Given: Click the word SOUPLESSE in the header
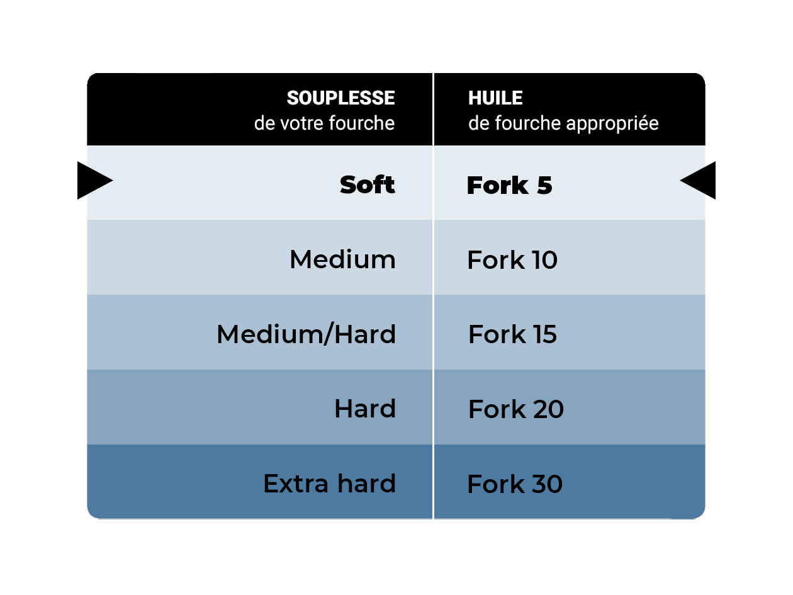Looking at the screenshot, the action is tap(340, 98).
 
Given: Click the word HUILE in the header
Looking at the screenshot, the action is tap(495, 98).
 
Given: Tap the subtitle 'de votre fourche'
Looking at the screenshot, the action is tap(324, 123).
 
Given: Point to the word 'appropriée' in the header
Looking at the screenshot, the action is tap(612, 124).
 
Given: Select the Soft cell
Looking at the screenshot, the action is tap(259, 183).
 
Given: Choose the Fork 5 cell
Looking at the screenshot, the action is tap(570, 183).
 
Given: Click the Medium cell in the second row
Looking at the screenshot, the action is tap(259, 258).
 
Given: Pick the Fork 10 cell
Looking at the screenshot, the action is tap(570, 258).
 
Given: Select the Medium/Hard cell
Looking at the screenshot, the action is tap(259, 332).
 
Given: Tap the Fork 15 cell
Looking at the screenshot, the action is tap(570, 332).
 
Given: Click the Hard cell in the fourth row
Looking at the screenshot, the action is tap(259, 407).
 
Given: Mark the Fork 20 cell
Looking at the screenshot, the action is tap(570, 407).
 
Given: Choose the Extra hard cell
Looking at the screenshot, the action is tap(259, 482).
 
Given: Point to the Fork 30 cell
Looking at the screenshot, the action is tap(570, 482).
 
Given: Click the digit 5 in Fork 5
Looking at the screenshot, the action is tap(544, 185).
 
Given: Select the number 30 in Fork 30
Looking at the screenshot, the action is tap(547, 484).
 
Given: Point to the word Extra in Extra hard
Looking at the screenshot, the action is tap(296, 484).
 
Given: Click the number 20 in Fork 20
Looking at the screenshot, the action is tap(548, 409).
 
